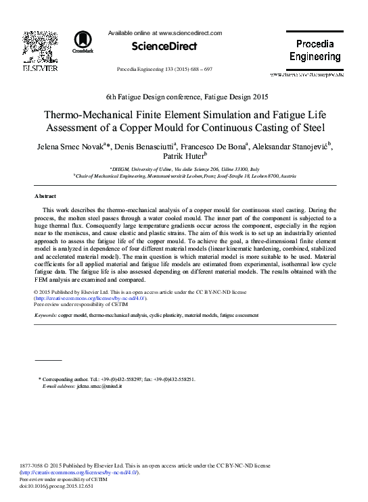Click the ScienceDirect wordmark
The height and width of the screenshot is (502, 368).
tap(158, 47)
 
